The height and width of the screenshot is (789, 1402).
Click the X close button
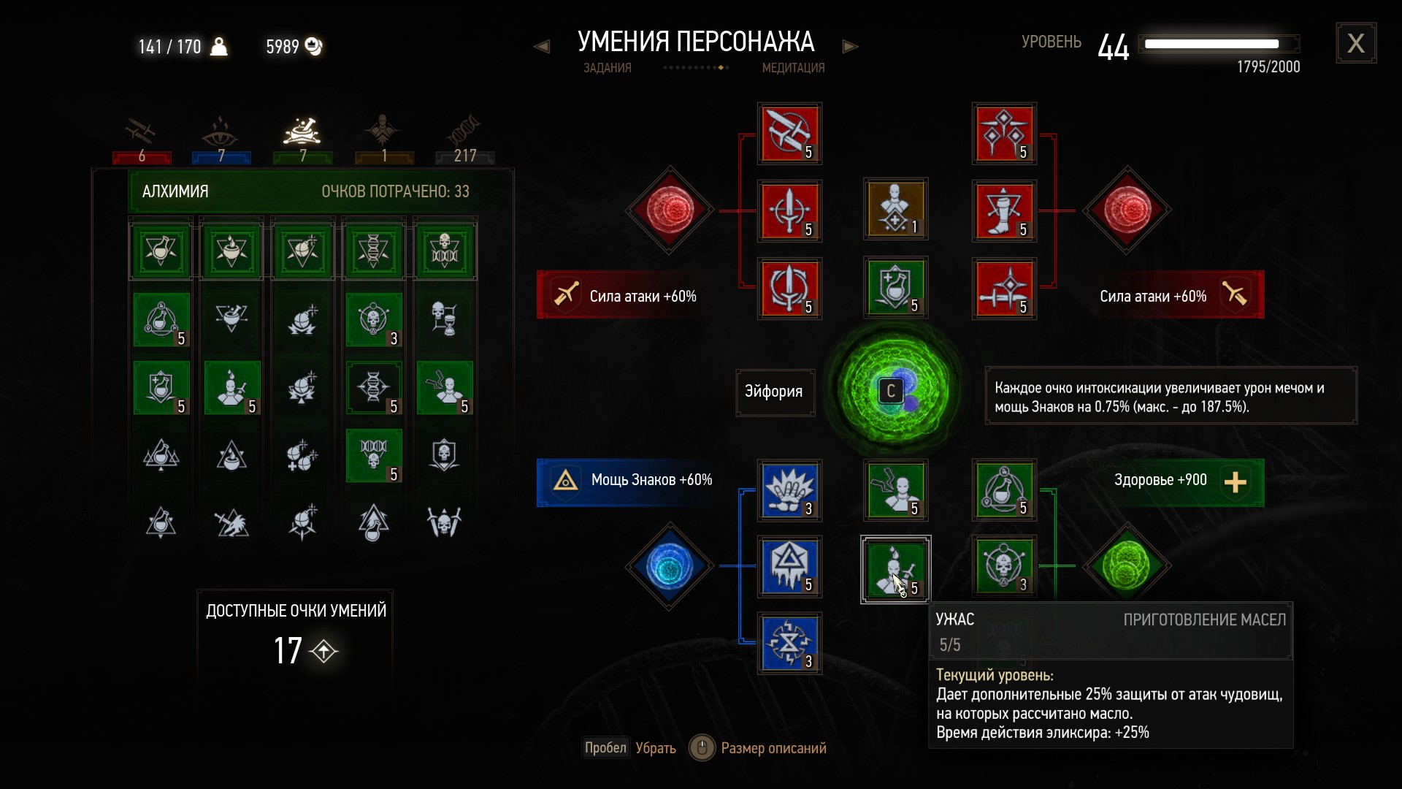coord(1356,44)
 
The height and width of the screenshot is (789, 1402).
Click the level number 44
coord(1113,47)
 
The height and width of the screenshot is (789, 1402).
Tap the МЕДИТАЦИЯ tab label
coord(793,68)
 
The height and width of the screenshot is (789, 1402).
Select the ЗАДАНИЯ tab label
coord(607,68)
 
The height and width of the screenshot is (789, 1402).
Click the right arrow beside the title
coord(850,47)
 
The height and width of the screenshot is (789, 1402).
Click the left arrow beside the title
coord(541,47)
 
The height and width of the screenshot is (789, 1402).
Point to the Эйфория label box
coord(774,392)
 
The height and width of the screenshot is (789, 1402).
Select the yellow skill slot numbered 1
coord(895,209)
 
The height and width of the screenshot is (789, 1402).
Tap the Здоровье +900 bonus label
coord(1160,481)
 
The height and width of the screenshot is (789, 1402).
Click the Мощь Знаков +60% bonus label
coord(651,481)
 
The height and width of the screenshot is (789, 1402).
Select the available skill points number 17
coord(288,650)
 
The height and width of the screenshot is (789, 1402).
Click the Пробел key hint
coord(605,748)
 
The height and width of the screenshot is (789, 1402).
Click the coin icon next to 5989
coord(313,47)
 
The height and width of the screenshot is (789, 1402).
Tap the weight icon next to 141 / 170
coord(218,47)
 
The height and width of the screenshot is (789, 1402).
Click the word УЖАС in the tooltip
coord(955,620)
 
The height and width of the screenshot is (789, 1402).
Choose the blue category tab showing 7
coord(221,140)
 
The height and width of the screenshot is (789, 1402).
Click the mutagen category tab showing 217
coord(465,140)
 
